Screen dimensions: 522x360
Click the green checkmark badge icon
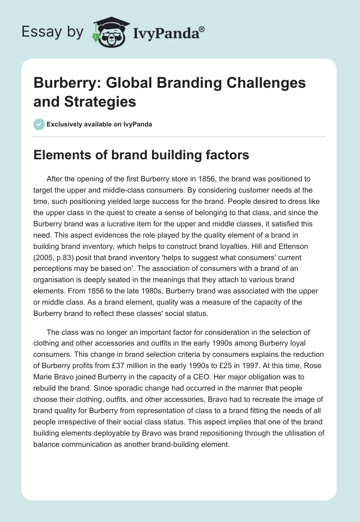[x=39, y=125]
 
